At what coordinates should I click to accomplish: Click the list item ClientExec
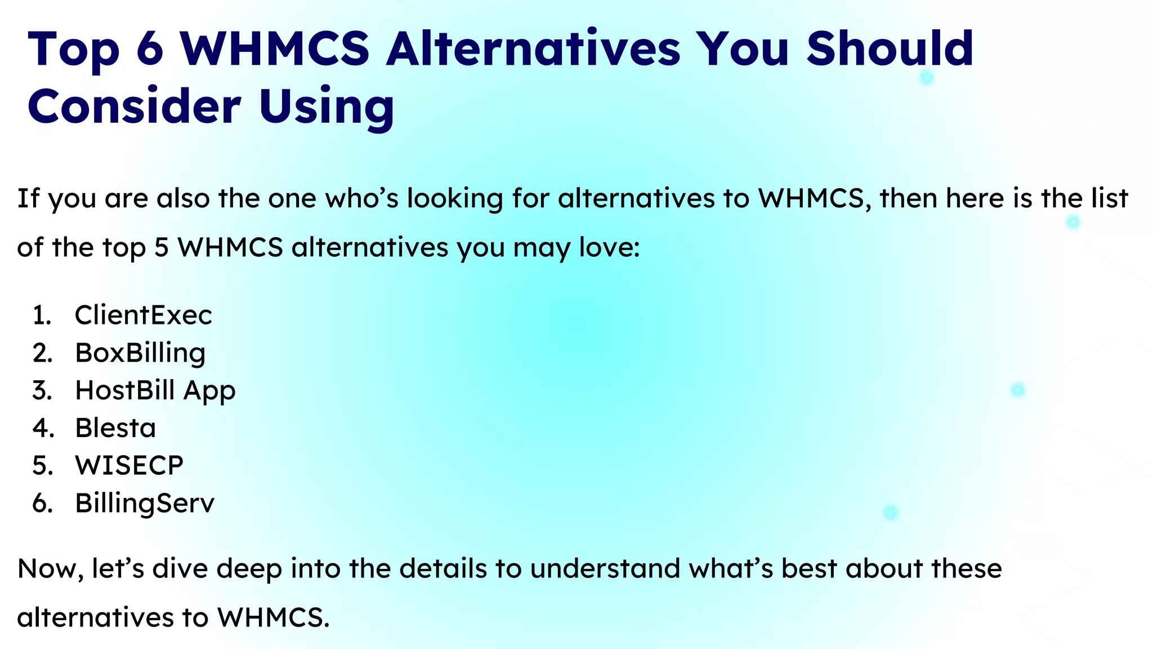[x=143, y=315]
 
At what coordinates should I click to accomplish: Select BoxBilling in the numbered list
[x=140, y=353]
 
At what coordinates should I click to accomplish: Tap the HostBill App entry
[x=155, y=390]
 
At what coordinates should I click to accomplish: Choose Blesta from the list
[x=115, y=428]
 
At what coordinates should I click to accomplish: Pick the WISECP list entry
[x=129, y=465]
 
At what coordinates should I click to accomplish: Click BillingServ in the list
[x=145, y=503]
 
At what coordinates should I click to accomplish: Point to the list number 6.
[x=42, y=503]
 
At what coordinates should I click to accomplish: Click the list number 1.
[x=42, y=315]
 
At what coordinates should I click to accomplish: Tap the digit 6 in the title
[x=150, y=48]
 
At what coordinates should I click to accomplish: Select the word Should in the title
[x=890, y=48]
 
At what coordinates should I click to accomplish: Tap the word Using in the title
[x=327, y=107]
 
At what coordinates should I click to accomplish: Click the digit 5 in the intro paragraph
[x=162, y=247]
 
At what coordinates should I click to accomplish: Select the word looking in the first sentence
[x=455, y=199]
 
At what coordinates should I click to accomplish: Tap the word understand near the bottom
[x=605, y=568]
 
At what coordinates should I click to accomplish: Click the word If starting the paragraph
[x=28, y=198]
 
